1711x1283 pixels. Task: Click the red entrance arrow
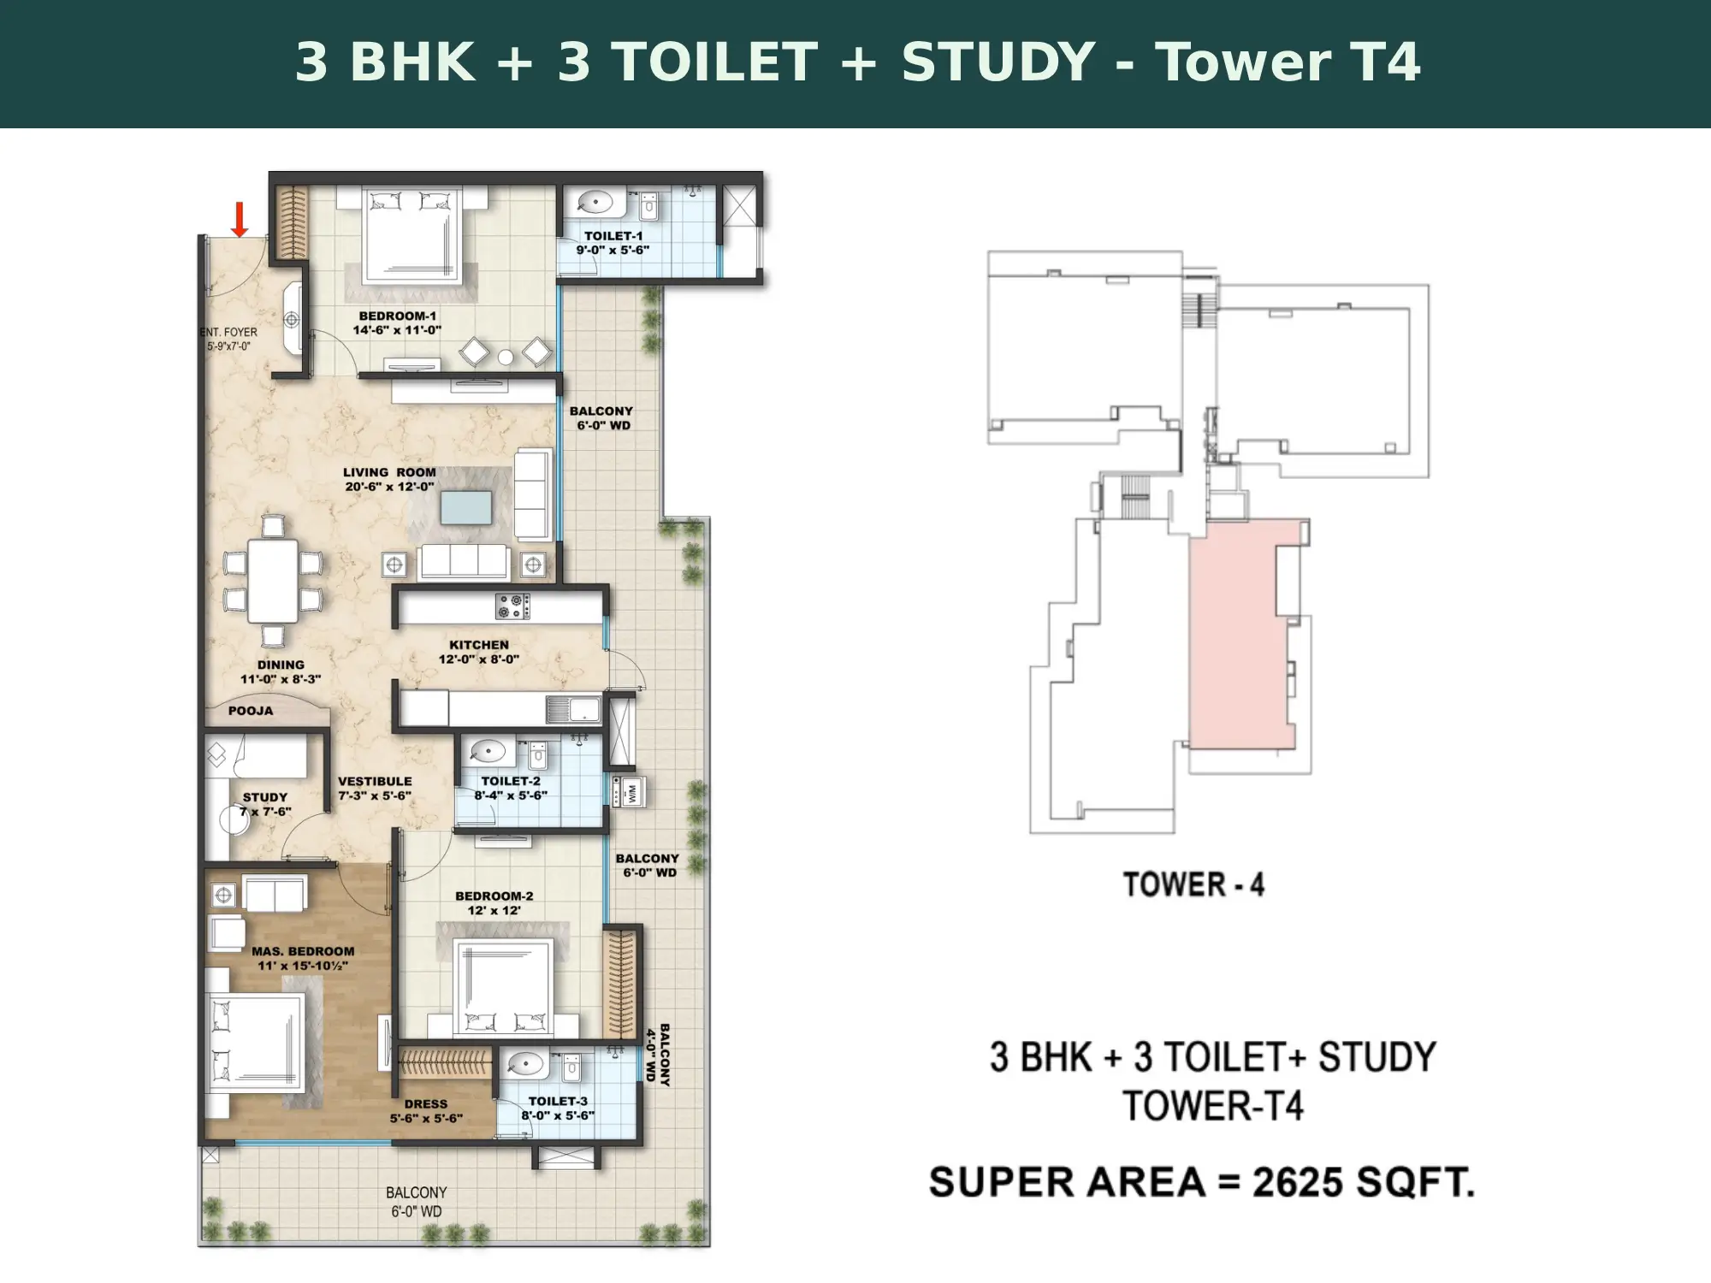240,220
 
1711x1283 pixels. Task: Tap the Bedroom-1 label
397,316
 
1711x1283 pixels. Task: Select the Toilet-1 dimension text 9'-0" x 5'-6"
613,250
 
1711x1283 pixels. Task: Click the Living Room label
389,472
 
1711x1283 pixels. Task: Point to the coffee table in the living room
466,507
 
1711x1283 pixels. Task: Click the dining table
273,581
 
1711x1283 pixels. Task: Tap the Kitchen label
479,645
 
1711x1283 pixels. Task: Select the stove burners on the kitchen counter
512,606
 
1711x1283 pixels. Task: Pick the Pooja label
251,711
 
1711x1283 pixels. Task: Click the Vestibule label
375,781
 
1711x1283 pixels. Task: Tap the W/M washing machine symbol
629,791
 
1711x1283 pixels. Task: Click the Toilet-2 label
511,781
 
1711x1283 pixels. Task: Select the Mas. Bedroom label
303,951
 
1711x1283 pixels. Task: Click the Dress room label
426,1104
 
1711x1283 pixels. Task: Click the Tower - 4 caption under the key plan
1193,884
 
